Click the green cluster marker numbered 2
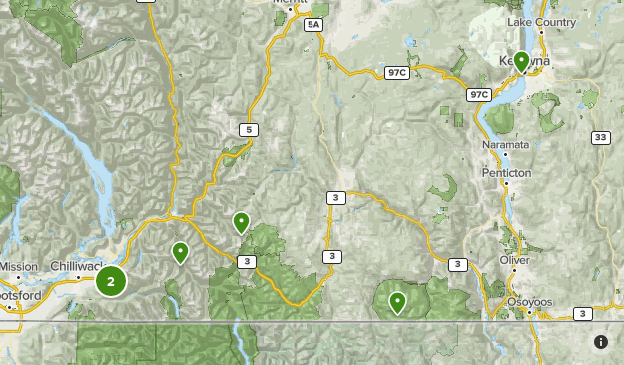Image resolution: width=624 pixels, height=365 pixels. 111,281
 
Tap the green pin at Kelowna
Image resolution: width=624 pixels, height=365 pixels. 520,62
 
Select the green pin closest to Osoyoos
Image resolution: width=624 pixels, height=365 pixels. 397,301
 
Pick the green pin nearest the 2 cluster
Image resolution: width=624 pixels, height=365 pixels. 180,252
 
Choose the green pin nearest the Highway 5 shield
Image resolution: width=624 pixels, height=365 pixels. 240,222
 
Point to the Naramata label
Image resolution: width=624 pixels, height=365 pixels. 505,146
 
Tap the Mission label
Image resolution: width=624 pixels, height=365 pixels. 18,266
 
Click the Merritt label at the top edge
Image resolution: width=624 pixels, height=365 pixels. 291,4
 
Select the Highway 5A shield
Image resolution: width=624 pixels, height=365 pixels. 314,24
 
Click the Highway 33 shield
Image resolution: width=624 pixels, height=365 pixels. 600,138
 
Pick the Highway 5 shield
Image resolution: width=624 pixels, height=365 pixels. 246,129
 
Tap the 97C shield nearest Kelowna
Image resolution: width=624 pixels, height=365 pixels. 479,95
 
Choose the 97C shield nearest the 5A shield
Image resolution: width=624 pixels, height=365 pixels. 398,73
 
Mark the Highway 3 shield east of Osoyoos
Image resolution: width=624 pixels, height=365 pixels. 582,314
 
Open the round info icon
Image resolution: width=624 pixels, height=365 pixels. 600,342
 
